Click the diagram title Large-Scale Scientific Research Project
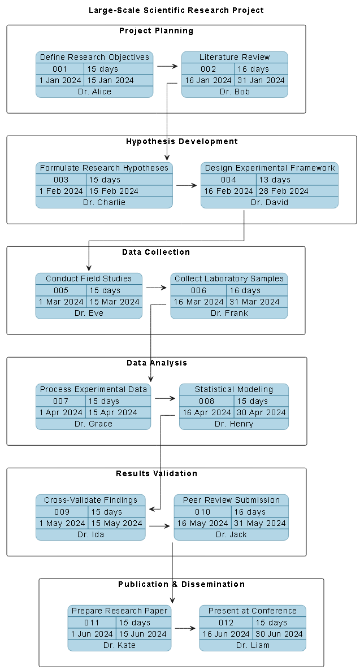pos(176,10)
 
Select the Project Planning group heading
pos(156,31)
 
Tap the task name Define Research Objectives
pos(94,57)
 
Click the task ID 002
pos(208,69)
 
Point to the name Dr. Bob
pos(235,92)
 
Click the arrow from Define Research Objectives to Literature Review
pos(167,66)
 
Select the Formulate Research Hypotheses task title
pos(104,168)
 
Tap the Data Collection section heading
pos(156,252)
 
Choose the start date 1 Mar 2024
pos(60,302)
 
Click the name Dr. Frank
pos(229,313)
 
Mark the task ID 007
pos(60,401)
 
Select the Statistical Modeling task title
pos(233,389)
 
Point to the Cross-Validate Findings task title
pos(90,500)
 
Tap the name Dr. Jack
pos(231,534)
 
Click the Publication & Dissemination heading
pos(181,584)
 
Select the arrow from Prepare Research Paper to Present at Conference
pos(185,628)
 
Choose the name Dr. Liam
pos(253,645)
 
